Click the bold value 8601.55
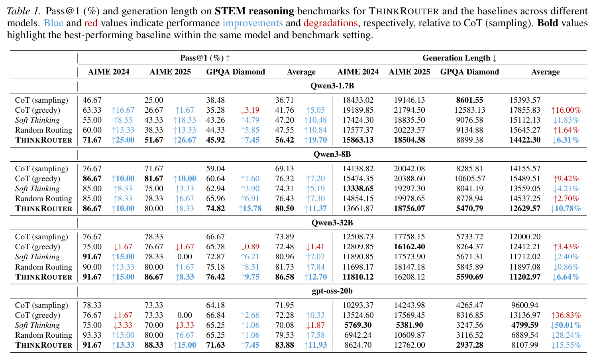click(469, 100)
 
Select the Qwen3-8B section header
click(332, 154)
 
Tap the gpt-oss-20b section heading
click(332, 291)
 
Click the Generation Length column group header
click(460, 58)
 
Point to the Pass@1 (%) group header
click(205, 58)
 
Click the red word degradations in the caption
click(330, 23)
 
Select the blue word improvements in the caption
click(253, 23)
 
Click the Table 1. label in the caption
click(24, 11)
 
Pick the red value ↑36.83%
click(566, 315)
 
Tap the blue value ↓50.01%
click(566, 325)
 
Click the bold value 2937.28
click(469, 345)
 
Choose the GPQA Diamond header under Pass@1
click(236, 72)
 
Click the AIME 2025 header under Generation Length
click(409, 72)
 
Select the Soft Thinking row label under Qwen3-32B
click(37, 257)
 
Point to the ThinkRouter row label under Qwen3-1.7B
click(43, 140)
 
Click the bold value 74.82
click(216, 208)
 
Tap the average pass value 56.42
click(285, 140)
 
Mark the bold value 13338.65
click(358, 188)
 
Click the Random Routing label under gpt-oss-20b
click(43, 335)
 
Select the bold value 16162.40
click(409, 247)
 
